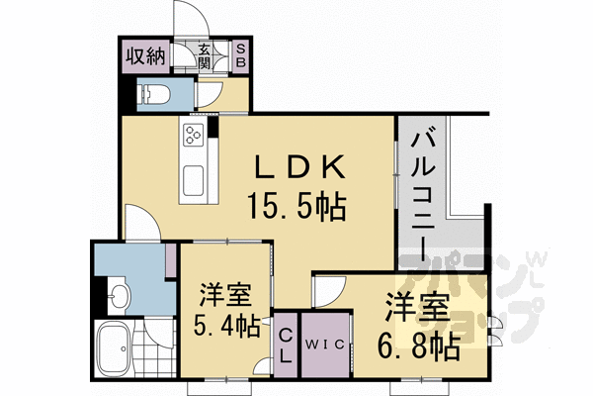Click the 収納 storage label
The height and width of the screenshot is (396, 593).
[x=143, y=55]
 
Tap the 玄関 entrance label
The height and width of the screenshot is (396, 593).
[x=204, y=55]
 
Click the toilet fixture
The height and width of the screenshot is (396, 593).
[x=156, y=95]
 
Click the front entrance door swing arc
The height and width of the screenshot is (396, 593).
[x=188, y=20]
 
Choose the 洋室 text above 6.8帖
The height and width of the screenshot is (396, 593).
[x=417, y=310]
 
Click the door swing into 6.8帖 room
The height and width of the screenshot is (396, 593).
[x=326, y=289]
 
